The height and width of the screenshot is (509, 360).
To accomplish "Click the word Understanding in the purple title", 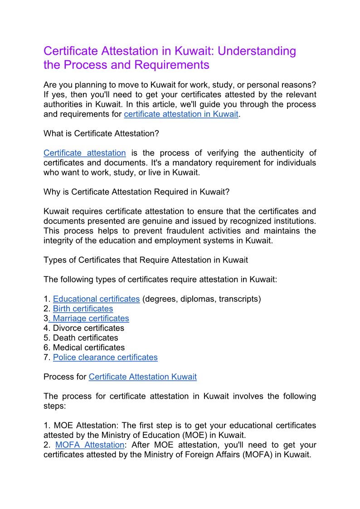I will pyautogui.click(x=257, y=51).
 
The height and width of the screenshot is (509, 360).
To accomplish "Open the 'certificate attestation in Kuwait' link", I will pyautogui.click(x=181, y=114).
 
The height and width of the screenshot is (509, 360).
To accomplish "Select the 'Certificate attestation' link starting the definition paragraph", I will pyautogui.click(x=84, y=153).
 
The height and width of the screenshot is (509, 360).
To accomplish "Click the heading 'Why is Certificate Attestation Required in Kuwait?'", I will pyautogui.click(x=136, y=192).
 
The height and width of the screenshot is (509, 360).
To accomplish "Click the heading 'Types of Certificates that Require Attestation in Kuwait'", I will pyautogui.click(x=146, y=260).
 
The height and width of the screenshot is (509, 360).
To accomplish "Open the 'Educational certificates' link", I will pyautogui.click(x=96, y=299).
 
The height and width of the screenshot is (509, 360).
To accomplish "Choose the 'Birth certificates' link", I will pyautogui.click(x=83, y=309).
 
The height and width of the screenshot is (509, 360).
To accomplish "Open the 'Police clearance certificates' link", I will pyautogui.click(x=105, y=358).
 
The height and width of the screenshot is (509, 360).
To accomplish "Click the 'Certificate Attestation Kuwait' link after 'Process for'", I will pyautogui.click(x=142, y=377).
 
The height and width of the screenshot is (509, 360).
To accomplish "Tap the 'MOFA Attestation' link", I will pyautogui.click(x=89, y=445).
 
